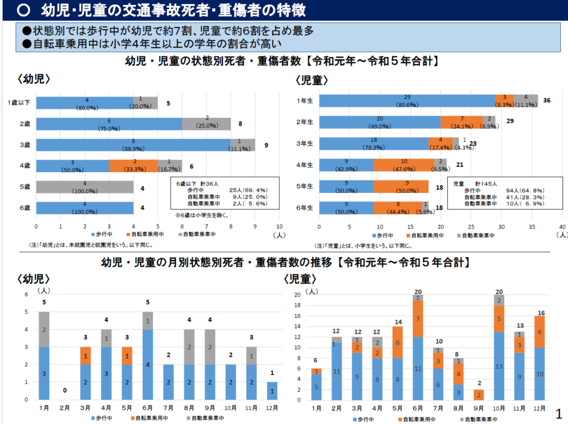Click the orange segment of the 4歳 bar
click(133, 166)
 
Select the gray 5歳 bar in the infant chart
click(84, 187)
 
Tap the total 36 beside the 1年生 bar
click(547, 101)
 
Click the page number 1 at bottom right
click(559, 414)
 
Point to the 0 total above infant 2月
click(65, 391)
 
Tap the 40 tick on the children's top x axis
click(562, 227)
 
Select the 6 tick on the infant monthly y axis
click(26, 295)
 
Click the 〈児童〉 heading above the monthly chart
click(301, 278)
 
